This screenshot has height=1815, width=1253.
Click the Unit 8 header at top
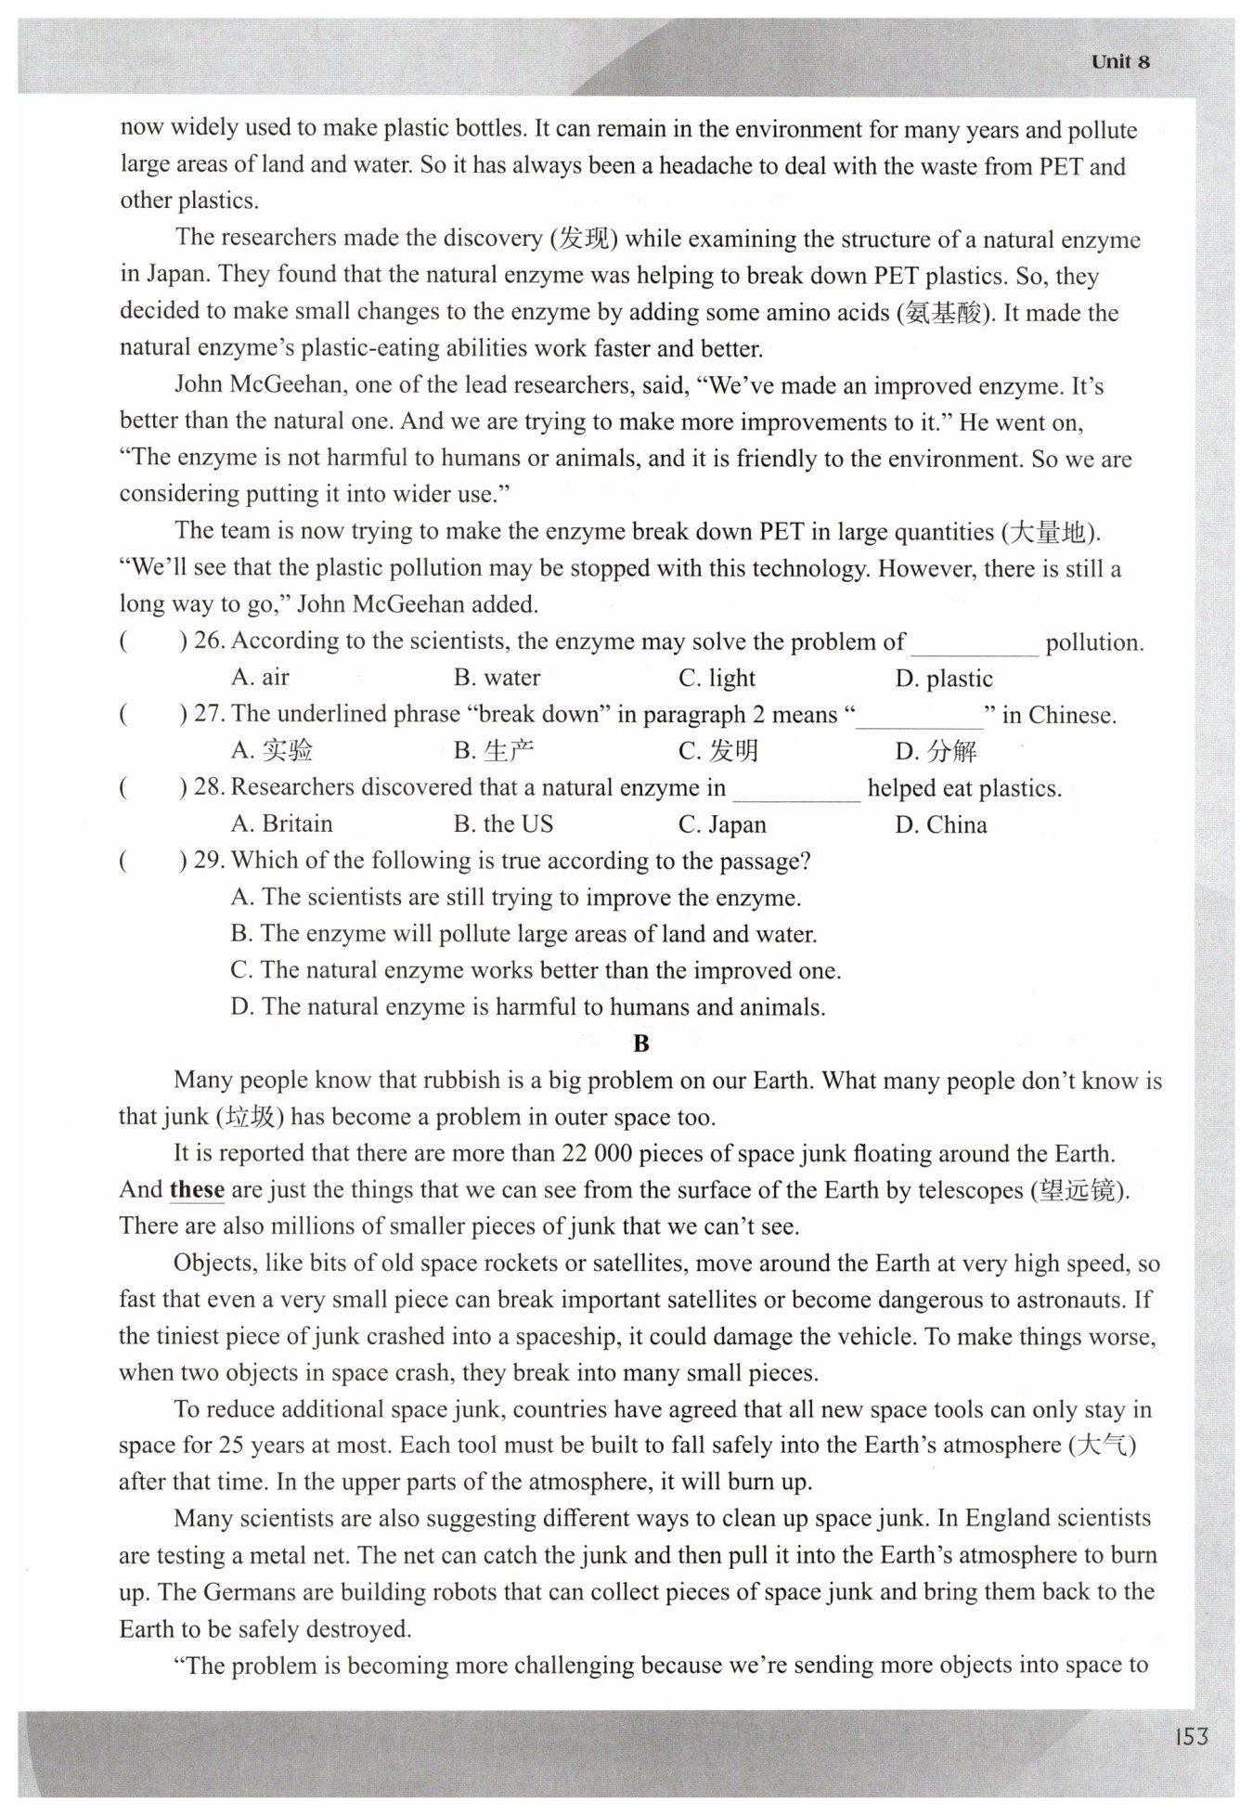point(1120,62)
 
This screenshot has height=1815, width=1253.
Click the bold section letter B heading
point(640,1044)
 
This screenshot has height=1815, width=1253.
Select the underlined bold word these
point(197,1189)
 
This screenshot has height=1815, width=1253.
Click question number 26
point(210,641)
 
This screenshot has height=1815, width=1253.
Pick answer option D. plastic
point(944,679)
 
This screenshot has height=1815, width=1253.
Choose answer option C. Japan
point(722,824)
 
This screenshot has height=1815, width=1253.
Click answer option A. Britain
point(282,823)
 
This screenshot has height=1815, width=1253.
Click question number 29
point(210,860)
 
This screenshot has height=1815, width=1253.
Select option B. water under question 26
point(497,678)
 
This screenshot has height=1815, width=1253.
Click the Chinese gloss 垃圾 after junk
point(252,1117)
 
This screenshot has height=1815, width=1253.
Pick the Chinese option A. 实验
point(273,750)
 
